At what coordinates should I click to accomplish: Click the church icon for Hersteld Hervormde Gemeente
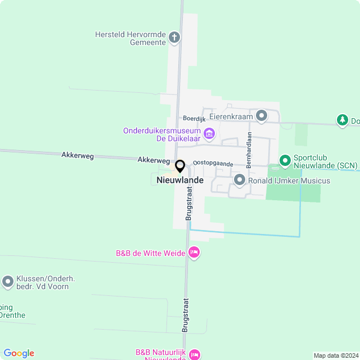[174, 38]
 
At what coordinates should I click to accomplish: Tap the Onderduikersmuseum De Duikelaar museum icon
[209, 134]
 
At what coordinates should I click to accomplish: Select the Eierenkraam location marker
[261, 116]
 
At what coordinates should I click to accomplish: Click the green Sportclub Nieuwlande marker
[285, 161]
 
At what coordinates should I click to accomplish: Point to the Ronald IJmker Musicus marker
[240, 181]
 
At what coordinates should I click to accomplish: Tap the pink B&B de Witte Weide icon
[194, 253]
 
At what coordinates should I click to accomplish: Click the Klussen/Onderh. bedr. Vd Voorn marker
[8, 282]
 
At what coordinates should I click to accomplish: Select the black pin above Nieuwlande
[180, 166]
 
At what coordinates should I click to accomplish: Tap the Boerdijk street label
[195, 119]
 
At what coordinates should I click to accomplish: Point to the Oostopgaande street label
[213, 163]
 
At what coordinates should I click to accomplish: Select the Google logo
[19, 353]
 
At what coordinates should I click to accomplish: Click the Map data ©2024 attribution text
[336, 355]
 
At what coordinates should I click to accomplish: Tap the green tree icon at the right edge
[342, 120]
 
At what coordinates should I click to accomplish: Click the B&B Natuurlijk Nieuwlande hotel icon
[194, 354]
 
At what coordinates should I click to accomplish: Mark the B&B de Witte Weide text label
[151, 254]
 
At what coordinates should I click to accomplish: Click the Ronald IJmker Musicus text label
[290, 181]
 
